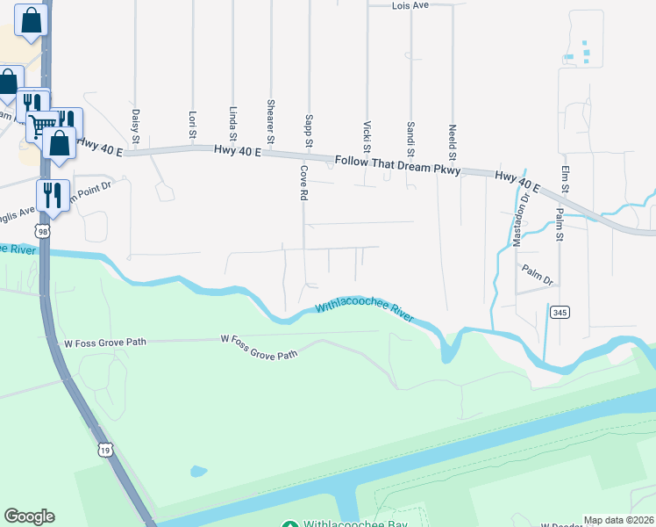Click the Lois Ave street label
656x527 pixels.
[x=410, y=5]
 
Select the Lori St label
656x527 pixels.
[x=192, y=124]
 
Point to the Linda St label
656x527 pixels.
[x=232, y=123]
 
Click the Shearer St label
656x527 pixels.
[x=271, y=121]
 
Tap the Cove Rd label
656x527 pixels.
[x=304, y=181]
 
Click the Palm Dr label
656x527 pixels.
[x=537, y=275]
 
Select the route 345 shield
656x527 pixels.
[x=558, y=312]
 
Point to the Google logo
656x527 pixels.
[x=29, y=516]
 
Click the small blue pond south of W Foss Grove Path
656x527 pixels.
[x=199, y=471]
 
